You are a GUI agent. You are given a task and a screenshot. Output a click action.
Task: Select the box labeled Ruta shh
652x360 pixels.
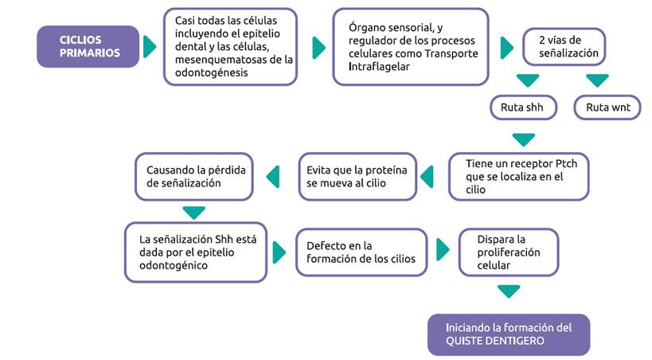522,107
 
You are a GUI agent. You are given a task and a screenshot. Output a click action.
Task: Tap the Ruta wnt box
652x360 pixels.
607,107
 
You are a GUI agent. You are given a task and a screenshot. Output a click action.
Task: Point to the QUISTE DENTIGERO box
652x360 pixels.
509,334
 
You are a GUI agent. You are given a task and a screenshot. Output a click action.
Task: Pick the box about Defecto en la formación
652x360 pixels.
361,252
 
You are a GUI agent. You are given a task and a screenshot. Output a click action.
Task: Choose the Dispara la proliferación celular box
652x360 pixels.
509,252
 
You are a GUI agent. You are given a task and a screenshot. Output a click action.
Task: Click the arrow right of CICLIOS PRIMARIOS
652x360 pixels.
150,47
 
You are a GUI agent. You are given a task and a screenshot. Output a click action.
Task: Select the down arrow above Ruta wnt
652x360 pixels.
597,80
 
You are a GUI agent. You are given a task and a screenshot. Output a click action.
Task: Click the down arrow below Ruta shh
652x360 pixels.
523,139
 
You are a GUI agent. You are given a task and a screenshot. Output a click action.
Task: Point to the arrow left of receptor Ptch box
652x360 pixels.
428,176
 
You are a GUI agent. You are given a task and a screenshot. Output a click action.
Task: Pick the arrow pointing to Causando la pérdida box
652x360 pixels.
273,176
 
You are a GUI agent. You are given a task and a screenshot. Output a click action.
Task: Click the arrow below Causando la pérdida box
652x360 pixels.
194,212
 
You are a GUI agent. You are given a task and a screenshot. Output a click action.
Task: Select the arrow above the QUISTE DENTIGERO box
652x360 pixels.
509,292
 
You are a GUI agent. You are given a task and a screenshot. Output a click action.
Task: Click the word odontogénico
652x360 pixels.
176,264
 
